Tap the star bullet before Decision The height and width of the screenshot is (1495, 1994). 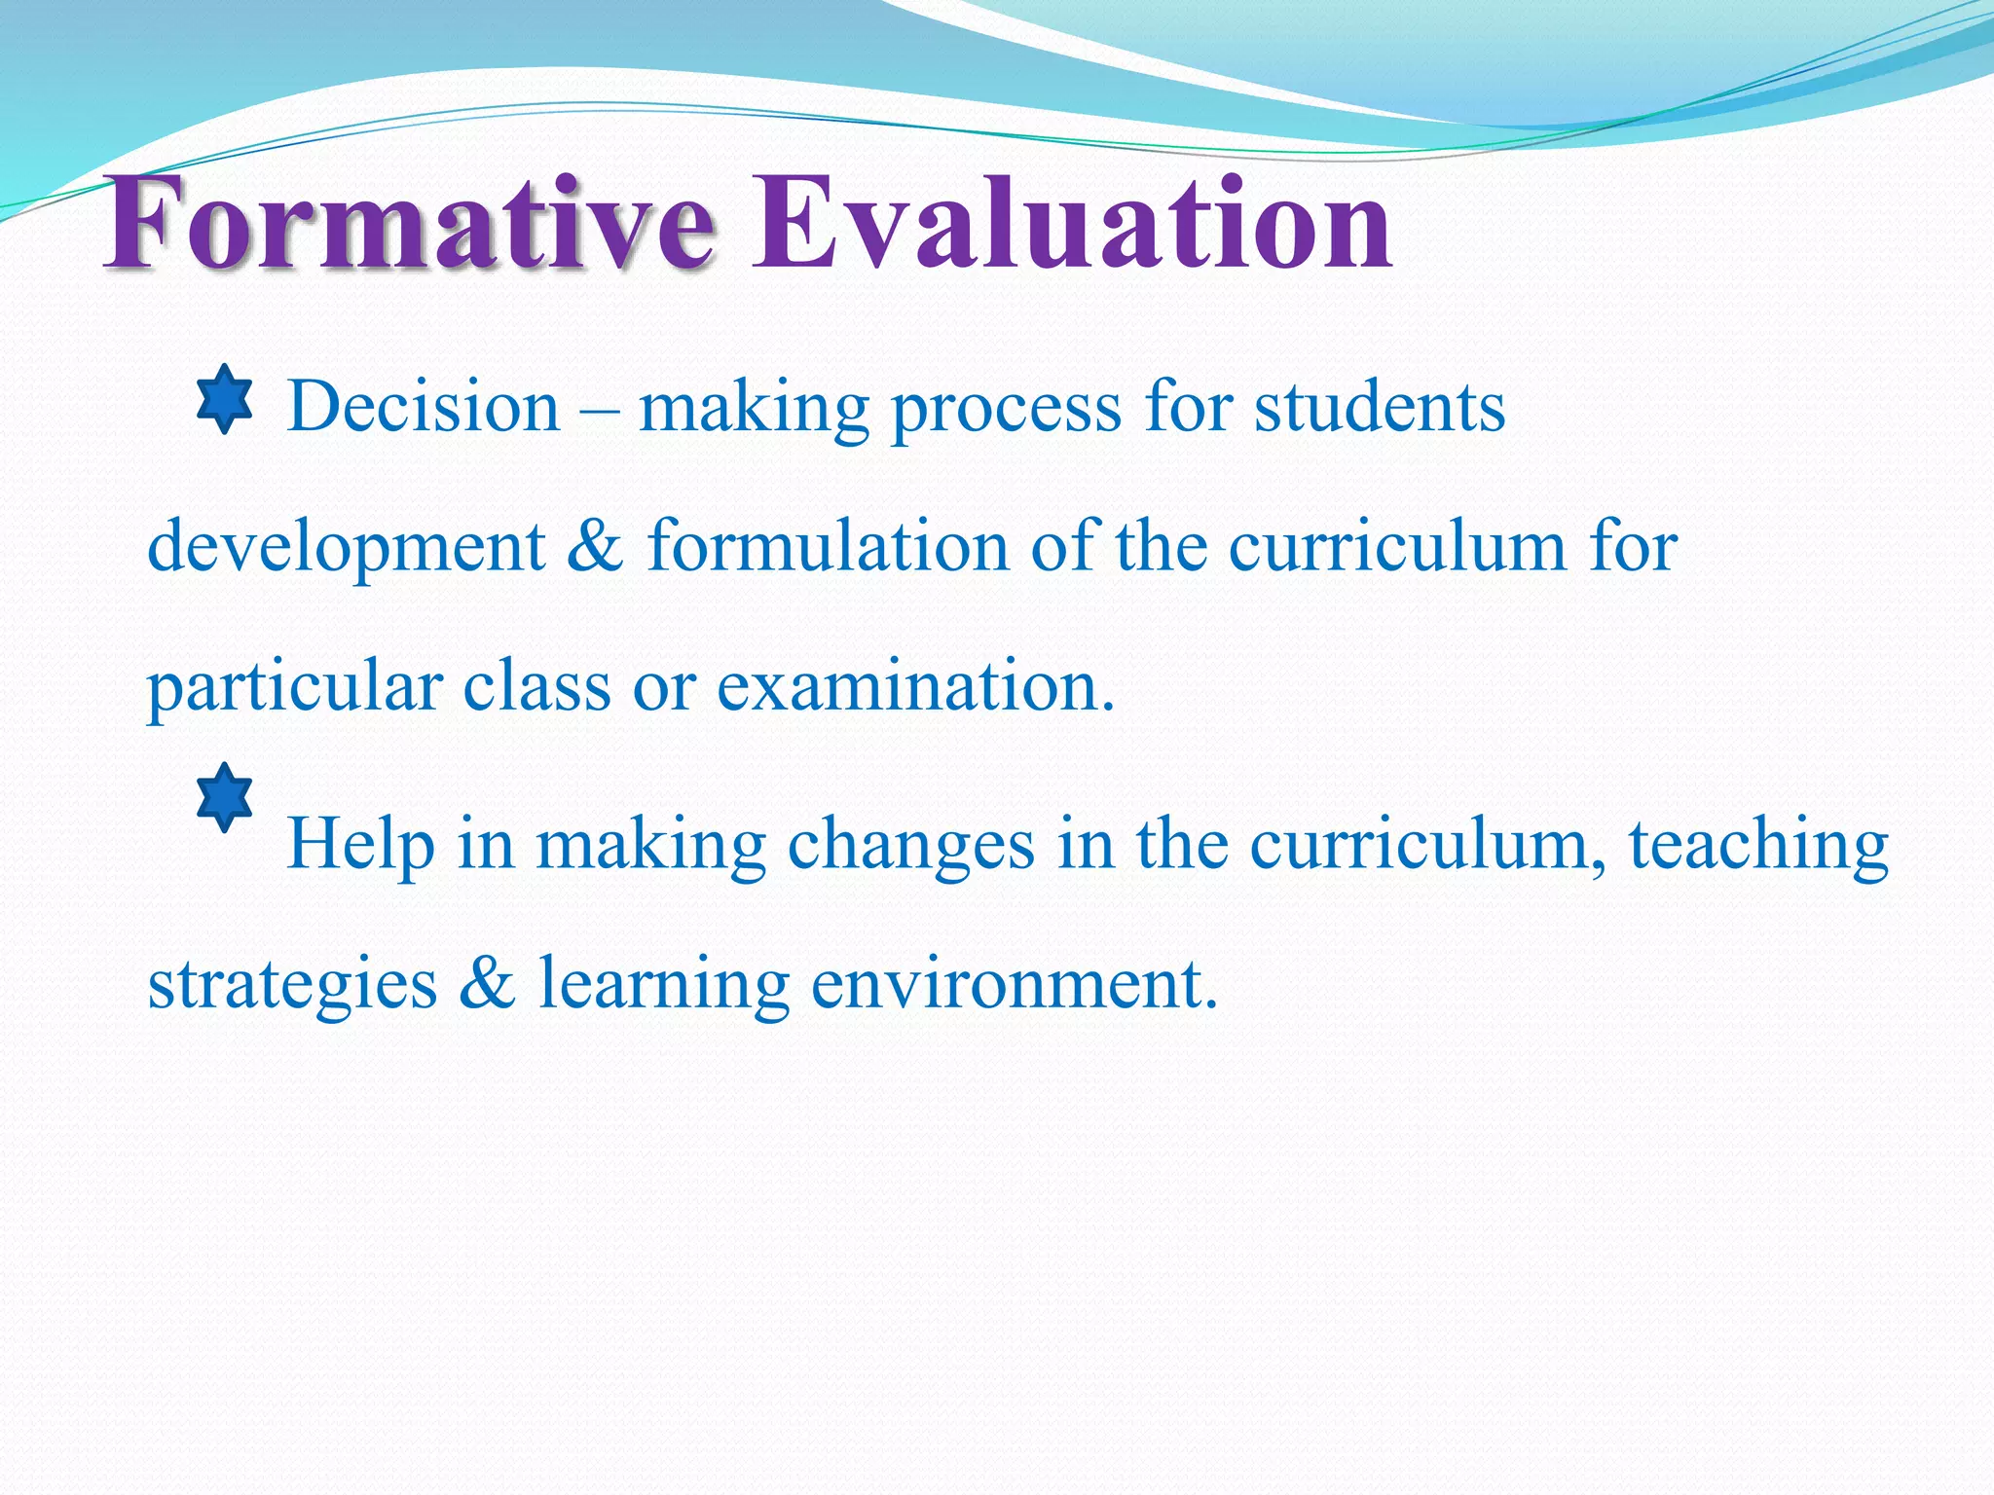point(225,398)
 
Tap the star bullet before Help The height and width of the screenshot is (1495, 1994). point(225,797)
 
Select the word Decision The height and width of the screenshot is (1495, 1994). point(424,407)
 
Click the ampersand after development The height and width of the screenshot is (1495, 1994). point(595,546)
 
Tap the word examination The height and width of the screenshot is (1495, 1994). point(915,686)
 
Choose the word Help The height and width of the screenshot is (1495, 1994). point(360,844)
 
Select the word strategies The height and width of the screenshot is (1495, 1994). point(292,985)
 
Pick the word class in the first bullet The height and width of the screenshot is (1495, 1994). point(536,686)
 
